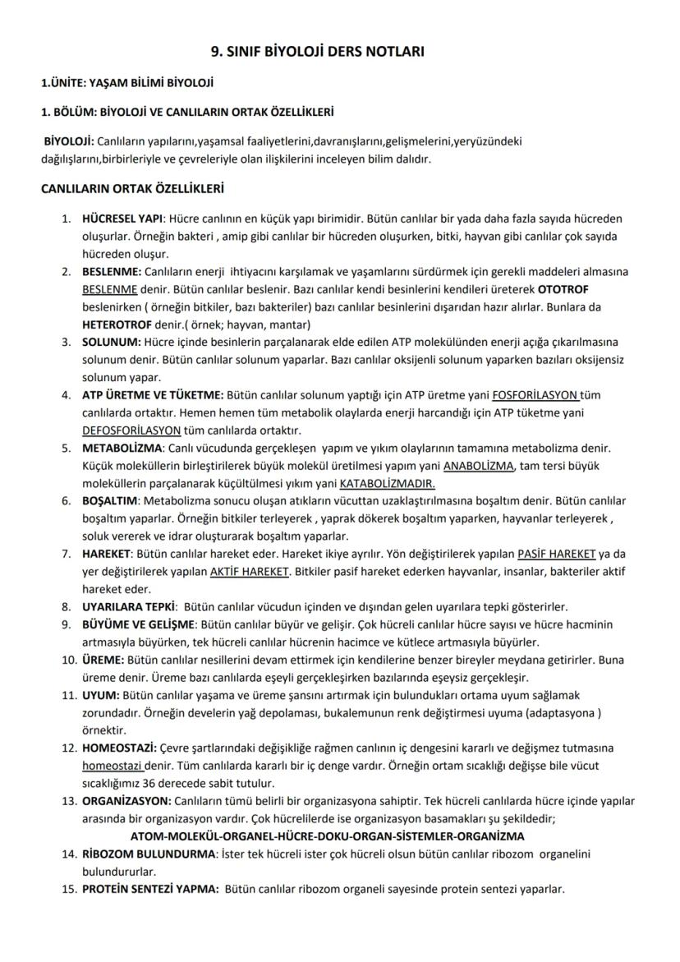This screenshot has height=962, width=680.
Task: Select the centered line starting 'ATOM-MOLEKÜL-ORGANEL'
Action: (x=344, y=836)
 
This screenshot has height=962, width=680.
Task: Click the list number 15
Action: (x=69, y=890)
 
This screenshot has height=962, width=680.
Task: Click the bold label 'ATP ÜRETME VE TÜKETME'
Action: (x=153, y=394)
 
